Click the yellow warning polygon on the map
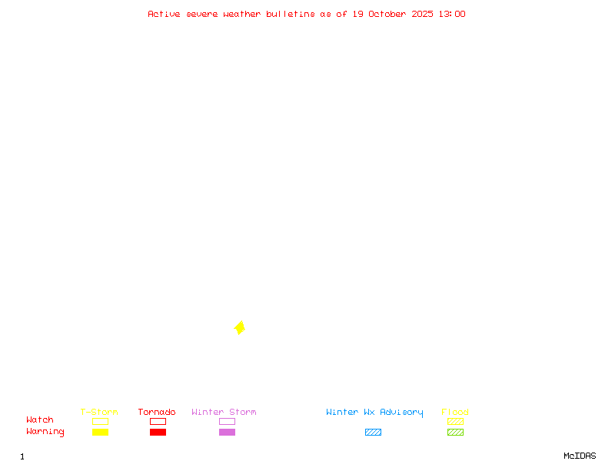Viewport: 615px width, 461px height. click(240, 328)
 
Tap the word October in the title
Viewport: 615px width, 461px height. click(392, 14)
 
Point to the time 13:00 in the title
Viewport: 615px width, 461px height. click(451, 14)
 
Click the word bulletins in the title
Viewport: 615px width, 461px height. click(291, 14)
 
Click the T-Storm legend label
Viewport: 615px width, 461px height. click(99, 413)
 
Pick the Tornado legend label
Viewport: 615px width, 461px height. click(157, 413)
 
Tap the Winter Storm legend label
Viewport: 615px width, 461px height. click(224, 413)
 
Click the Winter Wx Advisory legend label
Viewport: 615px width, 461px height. click(374, 413)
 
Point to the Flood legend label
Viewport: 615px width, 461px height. click(455, 413)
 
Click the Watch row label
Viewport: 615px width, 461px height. click(40, 420)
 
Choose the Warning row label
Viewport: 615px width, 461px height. click(45, 432)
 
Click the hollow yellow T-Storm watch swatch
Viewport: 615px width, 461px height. click(100, 421)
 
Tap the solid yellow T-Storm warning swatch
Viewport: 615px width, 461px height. click(100, 432)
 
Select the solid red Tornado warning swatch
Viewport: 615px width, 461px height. click(158, 432)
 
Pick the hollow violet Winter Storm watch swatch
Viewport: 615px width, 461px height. click(227, 421)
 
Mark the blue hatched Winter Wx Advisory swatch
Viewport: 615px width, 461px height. click(373, 432)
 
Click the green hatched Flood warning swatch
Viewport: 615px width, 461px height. click(455, 432)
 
